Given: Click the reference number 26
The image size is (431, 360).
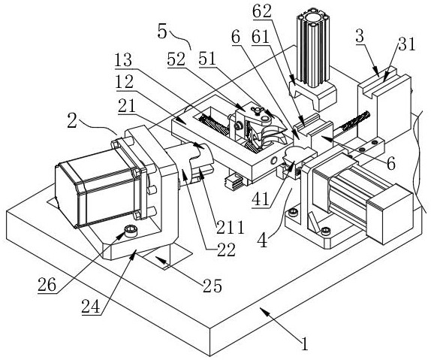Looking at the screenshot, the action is pos(47,285).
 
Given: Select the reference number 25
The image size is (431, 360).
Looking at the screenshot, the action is pos(212,286).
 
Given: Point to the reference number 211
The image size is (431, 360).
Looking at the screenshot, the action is pos(230,227).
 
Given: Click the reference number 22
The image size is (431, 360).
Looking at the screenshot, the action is pos(227,250).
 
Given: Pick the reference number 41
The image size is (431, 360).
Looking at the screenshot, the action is pos(261,200).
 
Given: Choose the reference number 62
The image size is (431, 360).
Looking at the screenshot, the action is pos(262,11).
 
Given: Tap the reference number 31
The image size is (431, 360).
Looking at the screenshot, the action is pos(407,44).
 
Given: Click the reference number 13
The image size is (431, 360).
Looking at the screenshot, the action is pos(123,59).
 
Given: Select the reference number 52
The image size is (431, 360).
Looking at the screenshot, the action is pos(176,59).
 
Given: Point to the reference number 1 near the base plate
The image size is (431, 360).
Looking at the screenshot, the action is pos(304,344).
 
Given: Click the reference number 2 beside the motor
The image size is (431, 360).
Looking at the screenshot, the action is pos(72,121).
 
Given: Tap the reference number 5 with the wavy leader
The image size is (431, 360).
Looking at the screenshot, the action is pos(162,32).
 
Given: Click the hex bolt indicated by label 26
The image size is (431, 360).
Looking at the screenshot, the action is pos(131,231).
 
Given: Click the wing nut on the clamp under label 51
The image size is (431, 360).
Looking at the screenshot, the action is pos(255,110).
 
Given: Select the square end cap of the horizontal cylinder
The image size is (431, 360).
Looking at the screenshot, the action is pos(390,214).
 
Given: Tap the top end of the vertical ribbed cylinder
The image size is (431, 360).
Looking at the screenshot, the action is pos(313,20).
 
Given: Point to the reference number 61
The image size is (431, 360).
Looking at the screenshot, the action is pos(261,37).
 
